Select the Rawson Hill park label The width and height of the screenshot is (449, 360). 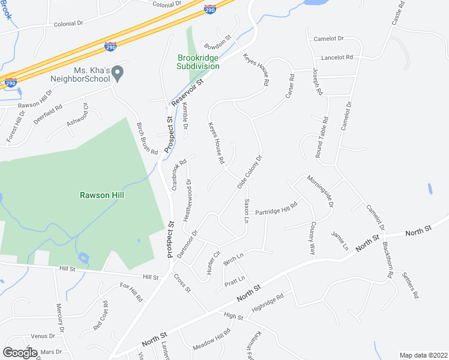(x=104, y=194)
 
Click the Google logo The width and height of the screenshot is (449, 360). (x=20, y=352)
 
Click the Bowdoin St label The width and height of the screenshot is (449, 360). (x=218, y=41)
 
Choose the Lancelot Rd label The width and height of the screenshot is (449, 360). (x=337, y=58)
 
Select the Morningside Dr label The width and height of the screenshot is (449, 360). (x=320, y=191)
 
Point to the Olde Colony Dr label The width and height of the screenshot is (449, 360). (x=250, y=172)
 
